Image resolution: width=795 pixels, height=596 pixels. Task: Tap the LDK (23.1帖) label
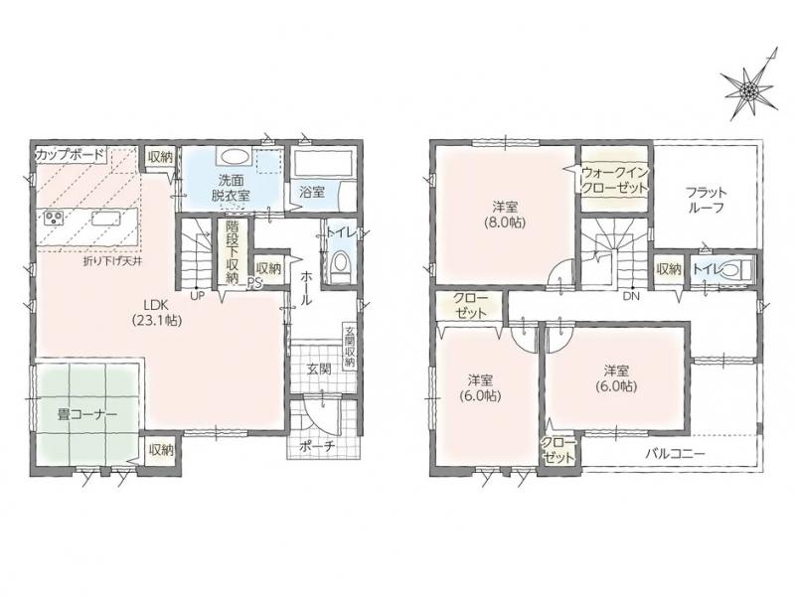pyautogui.click(x=156, y=312)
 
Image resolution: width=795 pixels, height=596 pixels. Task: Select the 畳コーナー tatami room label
pyautogui.click(x=87, y=414)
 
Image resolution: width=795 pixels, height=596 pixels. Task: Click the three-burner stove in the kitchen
pyautogui.click(x=53, y=219)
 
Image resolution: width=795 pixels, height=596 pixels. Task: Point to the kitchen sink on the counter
pyautogui.click(x=106, y=219)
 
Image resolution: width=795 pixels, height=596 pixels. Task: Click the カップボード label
pyautogui.click(x=70, y=155)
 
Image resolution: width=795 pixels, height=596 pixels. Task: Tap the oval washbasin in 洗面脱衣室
pyautogui.click(x=234, y=156)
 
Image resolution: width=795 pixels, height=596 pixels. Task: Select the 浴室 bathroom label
pyautogui.click(x=311, y=192)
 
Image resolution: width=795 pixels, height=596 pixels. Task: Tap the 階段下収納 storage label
pyautogui.click(x=232, y=251)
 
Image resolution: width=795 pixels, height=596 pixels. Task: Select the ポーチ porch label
pyautogui.click(x=317, y=446)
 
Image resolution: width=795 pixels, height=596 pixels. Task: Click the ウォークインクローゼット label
pyautogui.click(x=614, y=180)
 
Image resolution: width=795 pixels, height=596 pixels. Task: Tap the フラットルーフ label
pyautogui.click(x=707, y=201)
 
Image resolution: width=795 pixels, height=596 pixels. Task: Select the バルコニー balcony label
pyautogui.click(x=675, y=454)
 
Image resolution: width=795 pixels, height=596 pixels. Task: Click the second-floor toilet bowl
pyautogui.click(x=730, y=269)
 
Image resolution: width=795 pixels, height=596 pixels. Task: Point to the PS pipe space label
pyautogui.click(x=254, y=284)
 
